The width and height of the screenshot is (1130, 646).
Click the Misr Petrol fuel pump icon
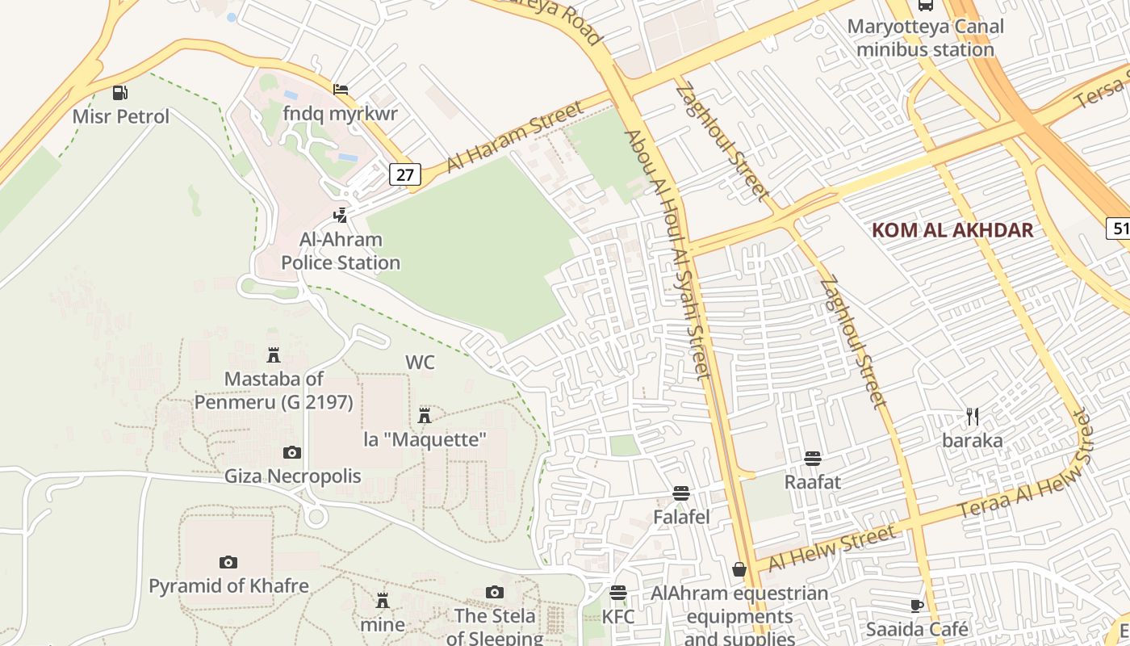[x=119, y=92]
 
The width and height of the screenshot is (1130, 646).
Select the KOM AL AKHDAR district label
[x=952, y=230]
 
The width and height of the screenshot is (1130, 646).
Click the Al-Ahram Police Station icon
[x=341, y=215]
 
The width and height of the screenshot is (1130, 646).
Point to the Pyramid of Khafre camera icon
[x=228, y=562]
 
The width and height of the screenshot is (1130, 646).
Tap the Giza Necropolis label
[x=292, y=476]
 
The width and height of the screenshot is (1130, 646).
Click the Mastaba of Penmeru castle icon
[x=274, y=354]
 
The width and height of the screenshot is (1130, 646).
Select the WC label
[x=420, y=363]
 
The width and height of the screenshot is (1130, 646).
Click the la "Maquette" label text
[x=425, y=440]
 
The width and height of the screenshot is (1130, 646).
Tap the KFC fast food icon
[x=618, y=593]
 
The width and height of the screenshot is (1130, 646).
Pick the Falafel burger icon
[x=681, y=493]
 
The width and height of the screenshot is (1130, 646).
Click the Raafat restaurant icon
[x=813, y=459]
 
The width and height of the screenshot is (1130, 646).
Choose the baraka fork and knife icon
[x=973, y=417]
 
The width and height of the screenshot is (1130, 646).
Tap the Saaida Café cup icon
[x=917, y=606]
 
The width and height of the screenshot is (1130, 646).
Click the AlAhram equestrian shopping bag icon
[x=739, y=569]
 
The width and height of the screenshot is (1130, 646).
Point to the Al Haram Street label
[x=514, y=135]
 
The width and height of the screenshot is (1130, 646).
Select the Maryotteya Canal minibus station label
[x=925, y=38]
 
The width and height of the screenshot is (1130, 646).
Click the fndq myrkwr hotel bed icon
[x=341, y=89]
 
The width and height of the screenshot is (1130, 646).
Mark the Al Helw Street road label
[x=831, y=547]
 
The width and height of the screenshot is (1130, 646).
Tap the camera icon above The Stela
[x=495, y=593]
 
